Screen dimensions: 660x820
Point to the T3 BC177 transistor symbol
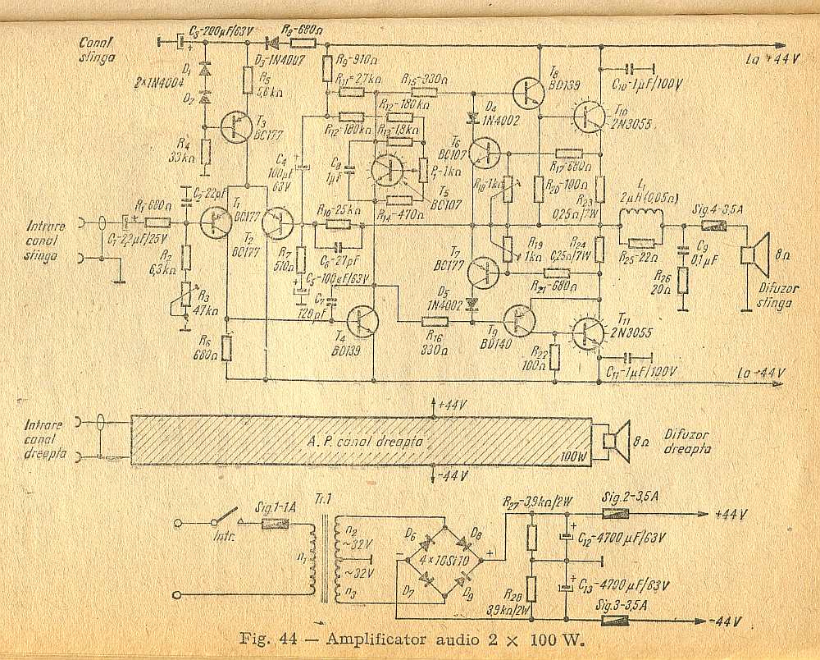point(237,125)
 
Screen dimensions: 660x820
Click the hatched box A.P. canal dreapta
point(361,440)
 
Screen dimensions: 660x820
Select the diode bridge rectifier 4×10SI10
point(443,559)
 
